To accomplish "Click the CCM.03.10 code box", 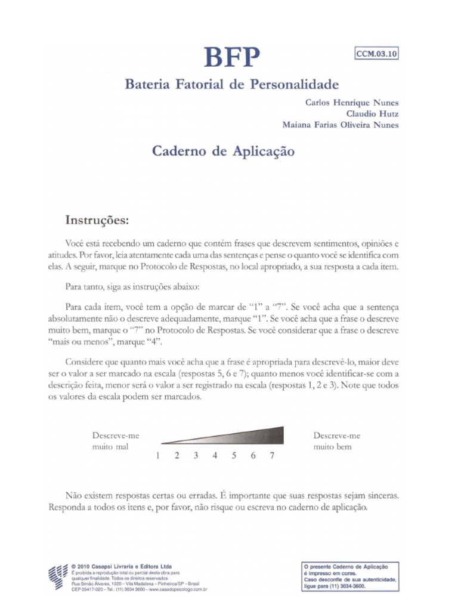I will coord(376,53).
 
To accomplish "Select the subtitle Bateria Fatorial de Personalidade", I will coord(231,84).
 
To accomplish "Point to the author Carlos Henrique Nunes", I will coord(352,102).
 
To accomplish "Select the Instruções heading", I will coord(97,220).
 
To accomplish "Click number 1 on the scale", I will coord(158,456).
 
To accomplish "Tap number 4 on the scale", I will coord(215,456).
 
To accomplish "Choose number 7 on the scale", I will coord(272,456).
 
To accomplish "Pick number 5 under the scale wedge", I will coord(234,456).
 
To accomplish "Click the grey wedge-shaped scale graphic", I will coord(239,436).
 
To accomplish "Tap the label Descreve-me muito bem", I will coord(336,441).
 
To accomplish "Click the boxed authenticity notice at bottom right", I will coord(350,576).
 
